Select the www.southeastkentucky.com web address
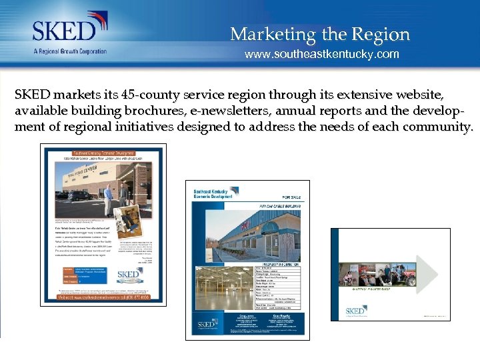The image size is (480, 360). coord(321,54)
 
